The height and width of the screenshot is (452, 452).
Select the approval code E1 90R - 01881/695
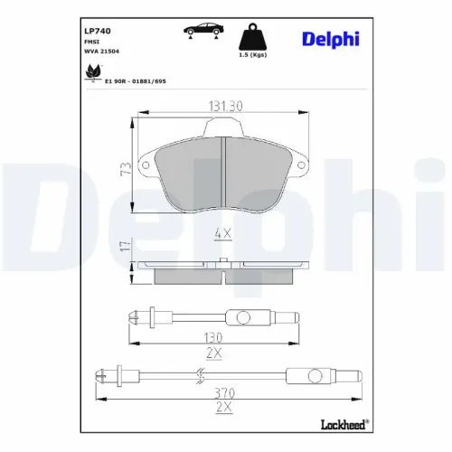coord(136,80)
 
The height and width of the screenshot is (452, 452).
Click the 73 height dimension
coord(126,167)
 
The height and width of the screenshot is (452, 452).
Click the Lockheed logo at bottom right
coord(344,421)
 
